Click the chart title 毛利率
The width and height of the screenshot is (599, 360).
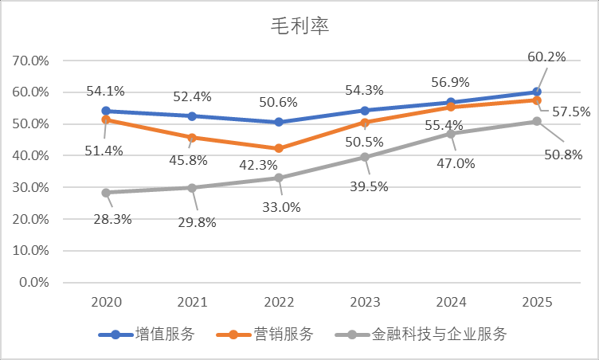pyautogui.click(x=299, y=26)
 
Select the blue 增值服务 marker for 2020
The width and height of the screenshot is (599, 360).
pyautogui.click(x=106, y=111)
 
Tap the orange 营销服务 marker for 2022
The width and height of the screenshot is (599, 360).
pyautogui.click(x=279, y=148)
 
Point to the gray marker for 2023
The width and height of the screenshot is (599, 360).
pyautogui.click(x=365, y=157)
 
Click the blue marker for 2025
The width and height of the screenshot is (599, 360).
pyautogui.click(x=537, y=92)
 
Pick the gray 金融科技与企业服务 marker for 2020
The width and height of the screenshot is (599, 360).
pyautogui.click(x=106, y=192)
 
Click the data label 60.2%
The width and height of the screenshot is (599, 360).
pyautogui.click(x=546, y=57)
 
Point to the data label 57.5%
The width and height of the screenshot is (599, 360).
pyautogui.click(x=571, y=112)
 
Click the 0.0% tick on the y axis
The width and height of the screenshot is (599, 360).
pyautogui.click(x=34, y=283)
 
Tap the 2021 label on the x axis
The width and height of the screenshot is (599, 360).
pyautogui.click(x=192, y=303)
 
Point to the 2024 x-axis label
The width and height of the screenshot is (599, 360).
pyautogui.click(x=451, y=303)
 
